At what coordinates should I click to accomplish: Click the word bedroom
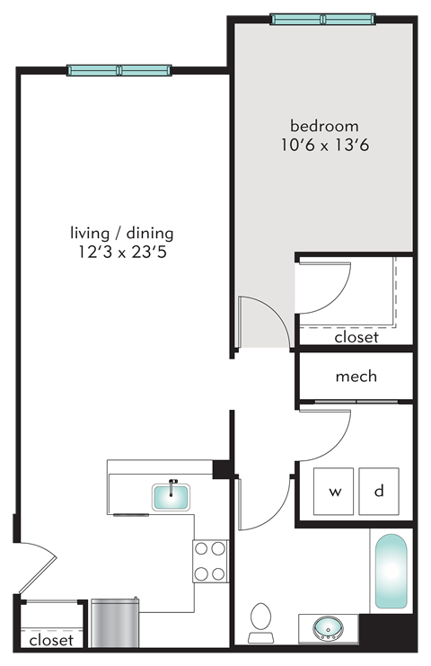[x=323, y=126]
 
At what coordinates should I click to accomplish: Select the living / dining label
[x=122, y=233]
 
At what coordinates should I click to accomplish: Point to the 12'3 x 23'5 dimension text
[x=122, y=253]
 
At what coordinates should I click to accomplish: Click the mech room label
[x=356, y=376]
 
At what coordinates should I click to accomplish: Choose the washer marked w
[x=335, y=492]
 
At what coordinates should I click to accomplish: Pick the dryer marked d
[x=379, y=492]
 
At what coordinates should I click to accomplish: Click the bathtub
[x=391, y=573]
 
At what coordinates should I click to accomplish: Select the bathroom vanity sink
[x=328, y=626]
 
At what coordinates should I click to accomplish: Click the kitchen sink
[x=171, y=496]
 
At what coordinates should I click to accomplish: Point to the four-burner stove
[x=210, y=561]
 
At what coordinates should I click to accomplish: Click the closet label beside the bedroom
[x=356, y=338]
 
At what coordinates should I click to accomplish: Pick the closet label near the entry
[x=51, y=641]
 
